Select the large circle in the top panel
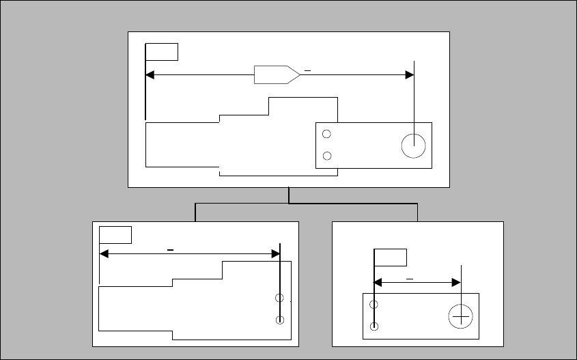[413, 146]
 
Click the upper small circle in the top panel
[326, 135]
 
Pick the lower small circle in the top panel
[326, 156]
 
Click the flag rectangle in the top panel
[162, 51]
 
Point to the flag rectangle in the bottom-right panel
[391, 258]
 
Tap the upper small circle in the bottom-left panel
[279, 298]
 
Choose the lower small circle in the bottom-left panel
[279, 320]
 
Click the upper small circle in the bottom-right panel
[374, 304]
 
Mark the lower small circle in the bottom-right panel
[374, 326]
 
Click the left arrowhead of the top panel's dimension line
[150, 74]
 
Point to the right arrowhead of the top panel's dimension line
[410, 74]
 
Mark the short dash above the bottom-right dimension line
[410, 279]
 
